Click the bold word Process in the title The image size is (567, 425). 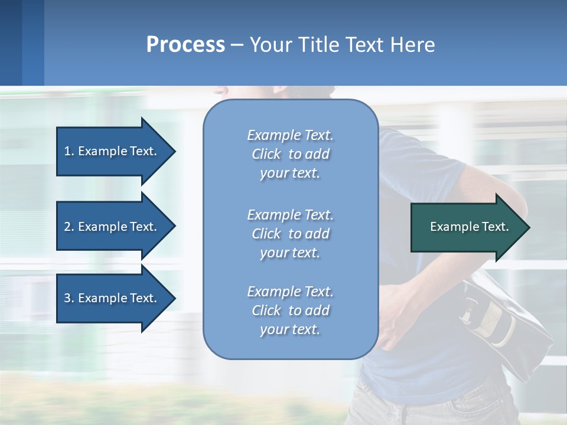tap(185, 45)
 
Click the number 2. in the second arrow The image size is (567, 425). tap(69, 227)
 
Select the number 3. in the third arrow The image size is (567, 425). tap(69, 298)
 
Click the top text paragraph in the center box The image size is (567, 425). tap(290, 154)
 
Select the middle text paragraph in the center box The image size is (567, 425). tap(290, 234)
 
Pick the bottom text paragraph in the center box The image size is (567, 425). tap(290, 310)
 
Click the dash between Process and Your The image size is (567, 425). tap(237, 45)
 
